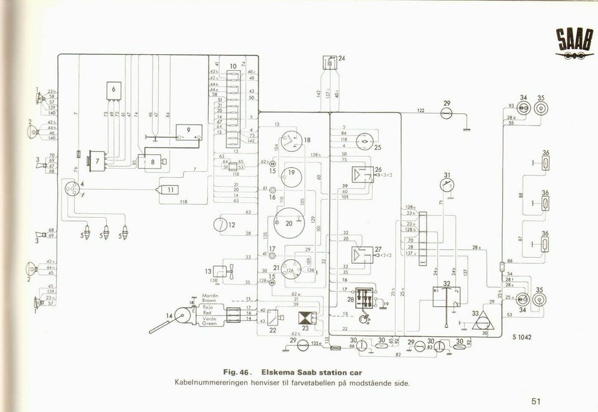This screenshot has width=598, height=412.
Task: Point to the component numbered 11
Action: pyautogui.click(x=169, y=190)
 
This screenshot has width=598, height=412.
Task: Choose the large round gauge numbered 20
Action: pyautogui.click(x=288, y=223)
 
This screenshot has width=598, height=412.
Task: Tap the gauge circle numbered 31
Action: pyautogui.click(x=446, y=185)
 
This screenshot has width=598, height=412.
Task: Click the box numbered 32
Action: pyautogui.click(x=446, y=296)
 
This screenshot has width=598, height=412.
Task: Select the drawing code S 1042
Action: pyautogui.click(x=523, y=337)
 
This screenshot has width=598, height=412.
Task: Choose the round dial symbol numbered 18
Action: pyautogui.click(x=290, y=143)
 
